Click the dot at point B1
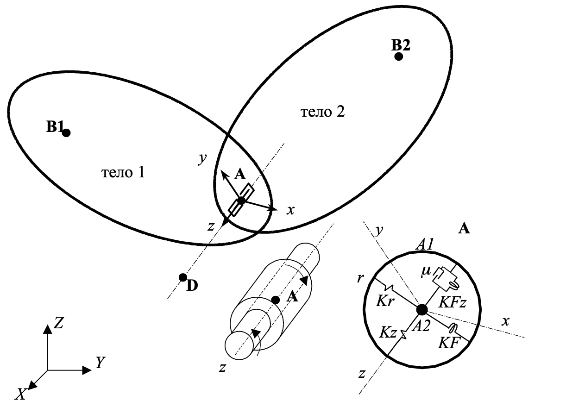pos(66,133)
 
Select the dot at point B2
pos(398,56)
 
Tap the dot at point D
pos(183,277)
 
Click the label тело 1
pos(123,173)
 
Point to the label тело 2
pos(323,112)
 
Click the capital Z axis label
pos(59,323)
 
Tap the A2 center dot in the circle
pos(422,309)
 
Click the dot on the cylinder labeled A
pos(276,300)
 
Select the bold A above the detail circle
pos(464,228)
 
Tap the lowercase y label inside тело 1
pos(201,159)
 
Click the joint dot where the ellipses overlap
pos(241,200)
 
